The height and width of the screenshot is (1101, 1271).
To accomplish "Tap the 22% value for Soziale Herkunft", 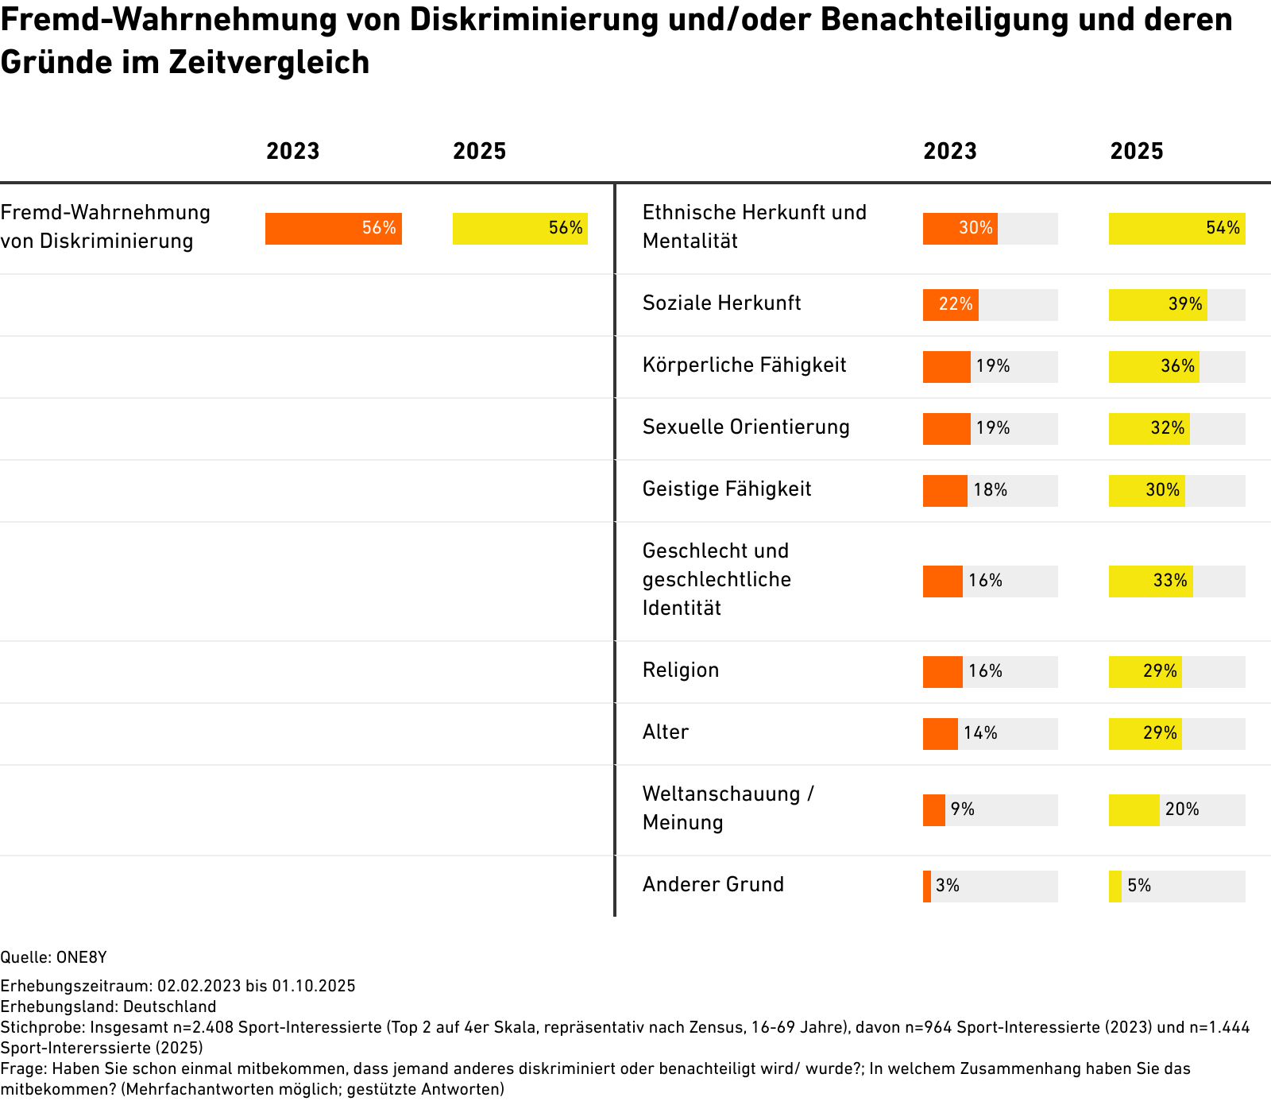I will coord(956,304).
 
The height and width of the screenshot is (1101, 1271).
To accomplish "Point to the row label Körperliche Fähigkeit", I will coord(744,365).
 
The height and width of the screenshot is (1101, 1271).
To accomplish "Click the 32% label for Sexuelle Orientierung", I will coord(1168,428).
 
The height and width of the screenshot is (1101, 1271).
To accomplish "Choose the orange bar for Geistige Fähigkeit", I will coord(945,491).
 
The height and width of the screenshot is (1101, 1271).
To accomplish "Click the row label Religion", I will coord(681,670).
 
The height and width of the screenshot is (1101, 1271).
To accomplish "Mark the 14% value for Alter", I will coord(980,733).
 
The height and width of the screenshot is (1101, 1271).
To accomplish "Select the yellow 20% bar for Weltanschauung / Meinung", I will coord(1134,810).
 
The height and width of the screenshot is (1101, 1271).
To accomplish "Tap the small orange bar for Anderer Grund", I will coord(927,887).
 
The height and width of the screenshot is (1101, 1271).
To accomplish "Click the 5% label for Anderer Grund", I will coord(1139,886).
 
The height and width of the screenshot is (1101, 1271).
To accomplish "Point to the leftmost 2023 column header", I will coord(292,152).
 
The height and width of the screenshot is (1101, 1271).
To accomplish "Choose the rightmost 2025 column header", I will coord(1136,152).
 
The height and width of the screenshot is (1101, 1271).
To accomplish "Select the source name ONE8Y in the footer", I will coord(81,957).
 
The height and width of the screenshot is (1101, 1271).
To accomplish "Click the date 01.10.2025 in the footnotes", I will coord(314,986).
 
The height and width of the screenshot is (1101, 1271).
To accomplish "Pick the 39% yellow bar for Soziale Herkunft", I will coord(1157,305).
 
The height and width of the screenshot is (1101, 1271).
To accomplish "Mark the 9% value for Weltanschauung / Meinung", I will coord(962,809).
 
